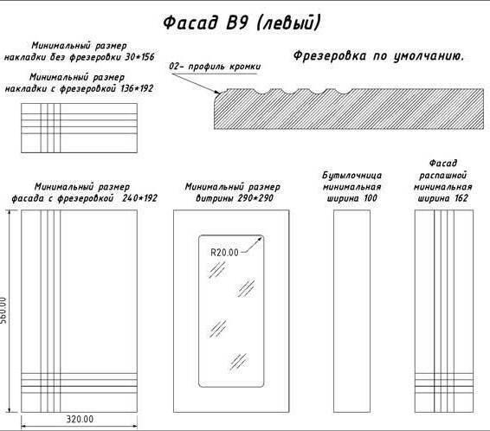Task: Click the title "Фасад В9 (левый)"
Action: [x=242, y=23]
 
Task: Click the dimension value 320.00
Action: [x=80, y=419]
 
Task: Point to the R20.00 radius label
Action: [x=224, y=253]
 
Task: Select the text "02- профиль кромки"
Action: [x=215, y=67]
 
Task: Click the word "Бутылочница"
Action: [x=351, y=176]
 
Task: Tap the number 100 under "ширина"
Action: [x=371, y=198]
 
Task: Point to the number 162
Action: [x=461, y=198]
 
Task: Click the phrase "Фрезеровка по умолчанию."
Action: [x=378, y=56]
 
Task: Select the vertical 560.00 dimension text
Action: [x=3, y=310]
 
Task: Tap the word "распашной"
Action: [x=442, y=176]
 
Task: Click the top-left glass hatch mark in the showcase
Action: [x=217, y=269]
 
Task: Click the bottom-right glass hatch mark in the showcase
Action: [x=239, y=362]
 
